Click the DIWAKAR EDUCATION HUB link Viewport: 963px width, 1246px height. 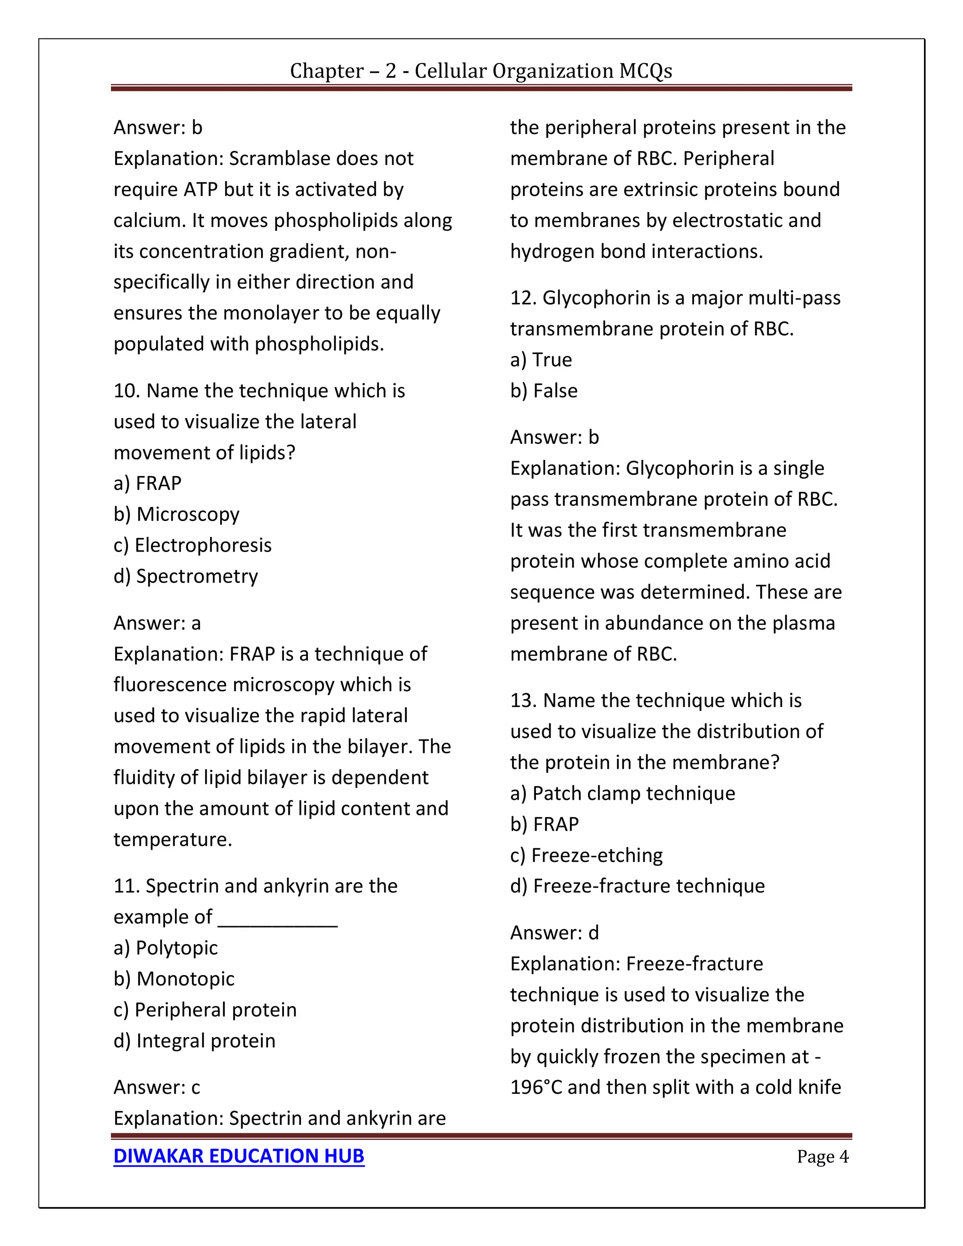tap(238, 1156)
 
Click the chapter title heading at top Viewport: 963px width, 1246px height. tap(481, 71)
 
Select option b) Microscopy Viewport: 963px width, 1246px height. tap(176, 514)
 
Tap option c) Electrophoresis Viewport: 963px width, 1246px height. tap(192, 545)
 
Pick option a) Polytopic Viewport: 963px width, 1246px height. tap(166, 947)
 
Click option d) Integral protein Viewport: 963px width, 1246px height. tap(194, 1041)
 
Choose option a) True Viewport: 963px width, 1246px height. tap(541, 359)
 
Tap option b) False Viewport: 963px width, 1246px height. tap(544, 391)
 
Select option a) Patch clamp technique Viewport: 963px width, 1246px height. tap(623, 793)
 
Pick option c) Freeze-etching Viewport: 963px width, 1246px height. tap(586, 855)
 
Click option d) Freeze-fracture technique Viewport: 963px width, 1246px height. tap(637, 886)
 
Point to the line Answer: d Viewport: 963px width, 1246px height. tap(554, 933)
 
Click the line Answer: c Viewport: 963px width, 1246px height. tap(157, 1088)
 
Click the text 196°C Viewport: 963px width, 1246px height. tap(536, 1088)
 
